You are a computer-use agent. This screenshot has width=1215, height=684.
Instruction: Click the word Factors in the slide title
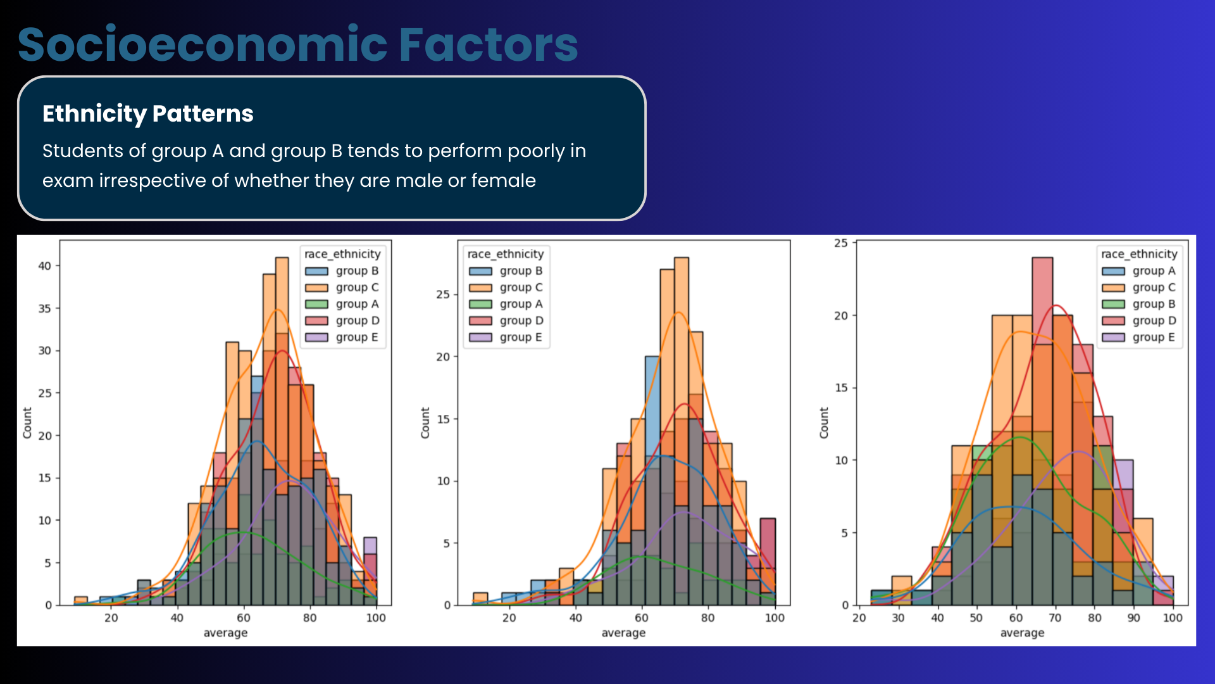488,44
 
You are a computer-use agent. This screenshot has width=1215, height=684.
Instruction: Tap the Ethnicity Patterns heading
147,114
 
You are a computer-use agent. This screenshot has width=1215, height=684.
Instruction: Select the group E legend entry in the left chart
356,338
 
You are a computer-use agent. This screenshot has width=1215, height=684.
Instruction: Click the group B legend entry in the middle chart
520,271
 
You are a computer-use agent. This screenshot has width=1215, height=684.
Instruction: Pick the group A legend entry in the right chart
1153,271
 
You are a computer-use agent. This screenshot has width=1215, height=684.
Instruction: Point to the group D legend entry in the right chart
1154,321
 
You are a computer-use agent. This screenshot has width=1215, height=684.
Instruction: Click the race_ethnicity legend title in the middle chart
505,254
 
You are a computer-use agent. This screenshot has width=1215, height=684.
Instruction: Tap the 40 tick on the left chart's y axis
44,266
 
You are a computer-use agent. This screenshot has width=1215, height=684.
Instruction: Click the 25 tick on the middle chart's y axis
442,294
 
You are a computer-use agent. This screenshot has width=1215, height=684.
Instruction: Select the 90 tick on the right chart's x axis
1133,618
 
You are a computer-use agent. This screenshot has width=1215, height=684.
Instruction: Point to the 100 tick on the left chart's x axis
376,618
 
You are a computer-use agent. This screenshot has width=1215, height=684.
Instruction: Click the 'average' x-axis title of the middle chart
623,633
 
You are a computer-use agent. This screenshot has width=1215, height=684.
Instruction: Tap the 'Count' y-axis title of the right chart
824,423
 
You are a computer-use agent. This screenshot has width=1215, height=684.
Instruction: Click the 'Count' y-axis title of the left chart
27,423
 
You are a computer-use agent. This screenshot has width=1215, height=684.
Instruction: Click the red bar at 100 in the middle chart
768,557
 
